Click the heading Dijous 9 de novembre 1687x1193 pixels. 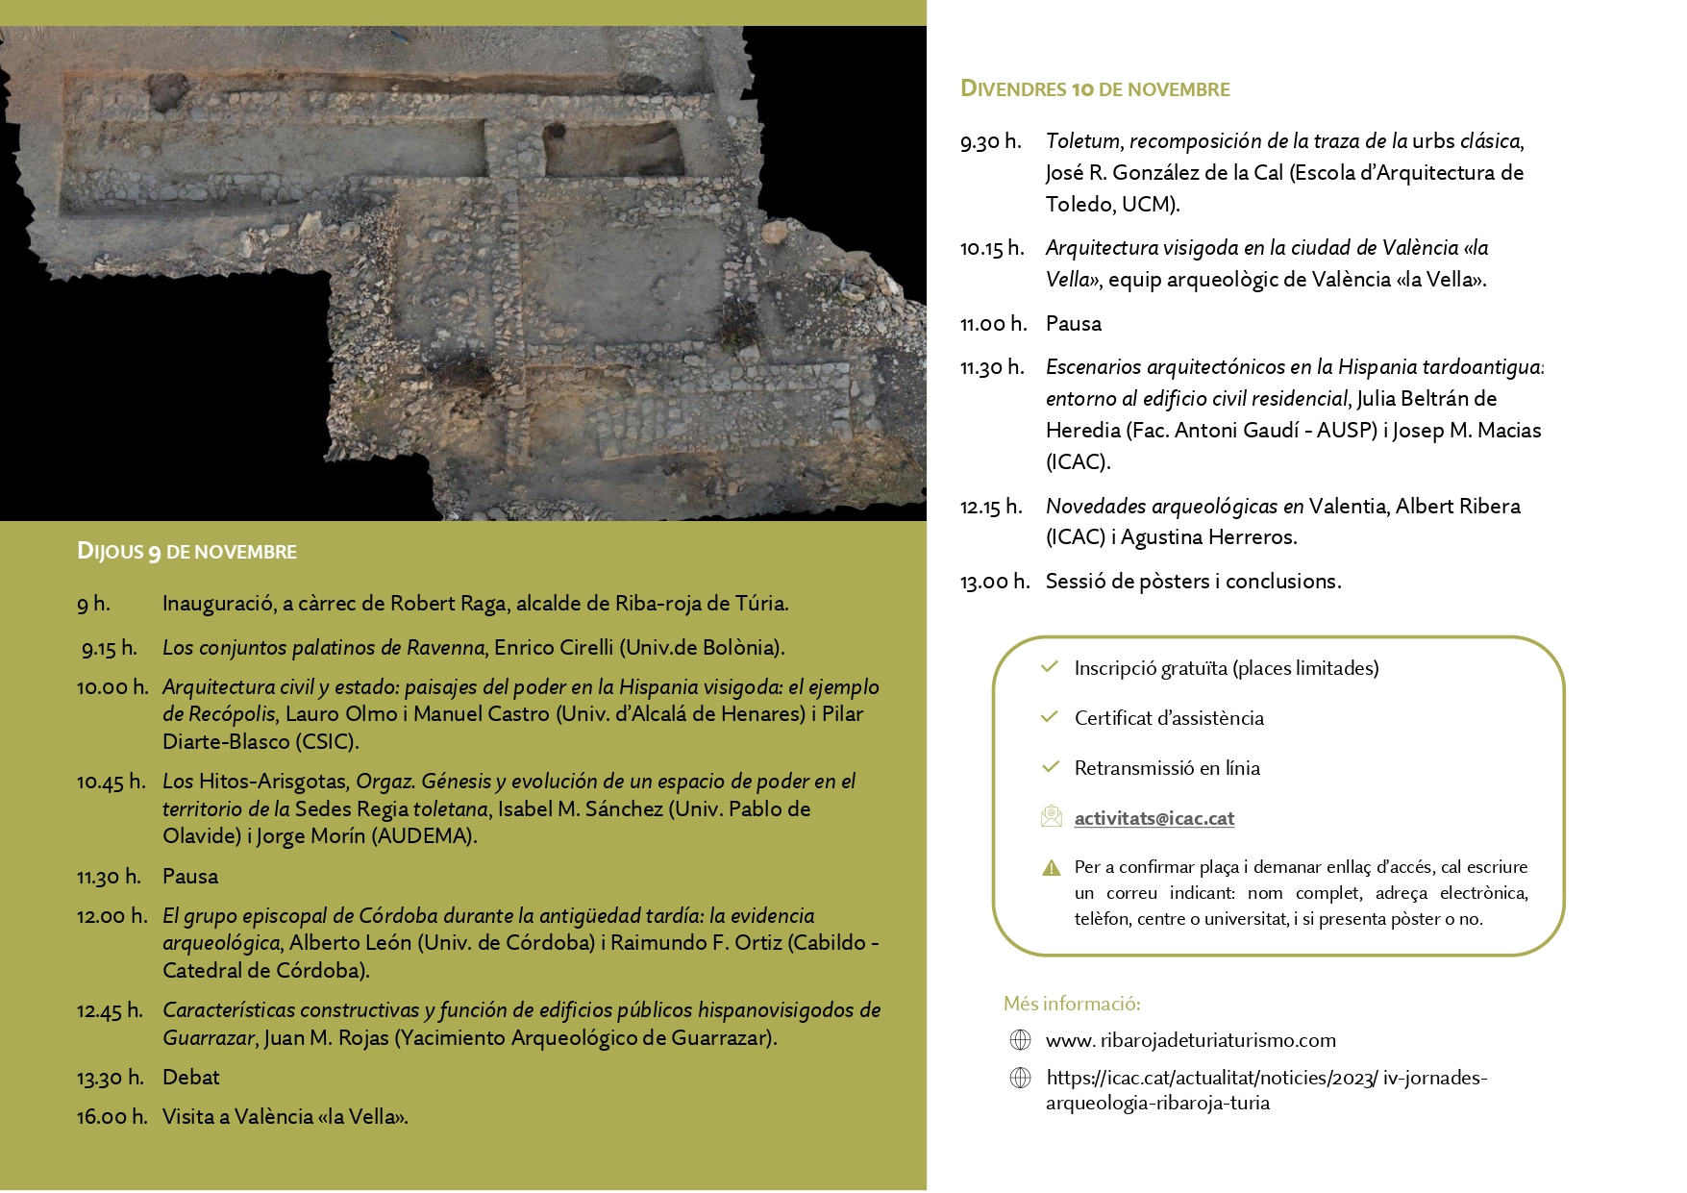coord(186,552)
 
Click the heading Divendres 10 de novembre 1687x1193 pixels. coord(1095,89)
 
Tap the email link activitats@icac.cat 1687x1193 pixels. coord(1154,818)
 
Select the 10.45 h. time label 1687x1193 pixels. coord(111,782)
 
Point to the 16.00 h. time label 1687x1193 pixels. coord(112,1117)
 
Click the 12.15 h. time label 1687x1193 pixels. coord(991,507)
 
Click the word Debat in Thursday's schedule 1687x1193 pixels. coord(190,1078)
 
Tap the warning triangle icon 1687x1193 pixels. coord(1051,868)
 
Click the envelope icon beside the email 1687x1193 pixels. coord(1051,817)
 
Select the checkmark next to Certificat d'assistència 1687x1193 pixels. coord(1050,717)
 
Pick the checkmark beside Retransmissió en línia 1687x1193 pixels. coord(1050,767)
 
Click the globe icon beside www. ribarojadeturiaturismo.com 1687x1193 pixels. coord(1020,1040)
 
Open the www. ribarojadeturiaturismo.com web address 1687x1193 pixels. coord(1190,1040)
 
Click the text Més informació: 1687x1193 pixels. coord(1072,1004)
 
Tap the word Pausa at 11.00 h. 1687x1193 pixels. coord(1073,324)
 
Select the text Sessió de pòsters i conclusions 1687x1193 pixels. coord(1193,582)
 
